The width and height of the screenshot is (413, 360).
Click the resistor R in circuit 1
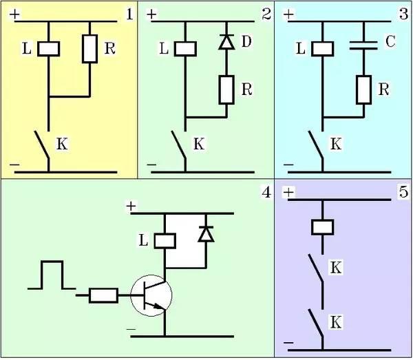click(90, 47)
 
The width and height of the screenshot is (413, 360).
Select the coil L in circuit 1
click(49, 49)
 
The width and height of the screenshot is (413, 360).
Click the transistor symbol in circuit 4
click(151, 295)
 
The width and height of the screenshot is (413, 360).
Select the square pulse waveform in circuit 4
click(52, 275)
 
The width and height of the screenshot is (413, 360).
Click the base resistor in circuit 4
click(104, 295)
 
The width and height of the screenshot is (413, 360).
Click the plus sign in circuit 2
click(151, 13)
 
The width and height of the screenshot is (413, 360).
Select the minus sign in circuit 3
click(288, 166)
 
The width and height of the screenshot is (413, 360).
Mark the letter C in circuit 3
click(390, 42)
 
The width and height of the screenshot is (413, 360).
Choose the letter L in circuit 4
click(143, 240)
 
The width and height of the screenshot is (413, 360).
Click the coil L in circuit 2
click(186, 49)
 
